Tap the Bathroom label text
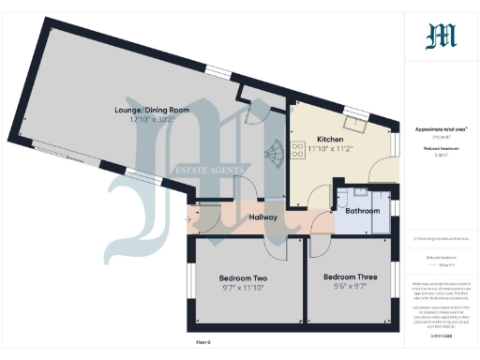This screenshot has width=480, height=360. coord(363,211)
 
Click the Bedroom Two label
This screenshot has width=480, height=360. coord(243,278)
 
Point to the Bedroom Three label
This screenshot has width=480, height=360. coord(350,277)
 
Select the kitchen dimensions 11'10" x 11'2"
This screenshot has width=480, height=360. coord(333,148)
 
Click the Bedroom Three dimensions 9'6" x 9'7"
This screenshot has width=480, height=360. coord(350,288)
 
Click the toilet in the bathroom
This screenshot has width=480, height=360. coord(346,198)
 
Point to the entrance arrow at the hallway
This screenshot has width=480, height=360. coord(192,220)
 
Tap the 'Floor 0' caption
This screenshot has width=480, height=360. coord(203,343)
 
